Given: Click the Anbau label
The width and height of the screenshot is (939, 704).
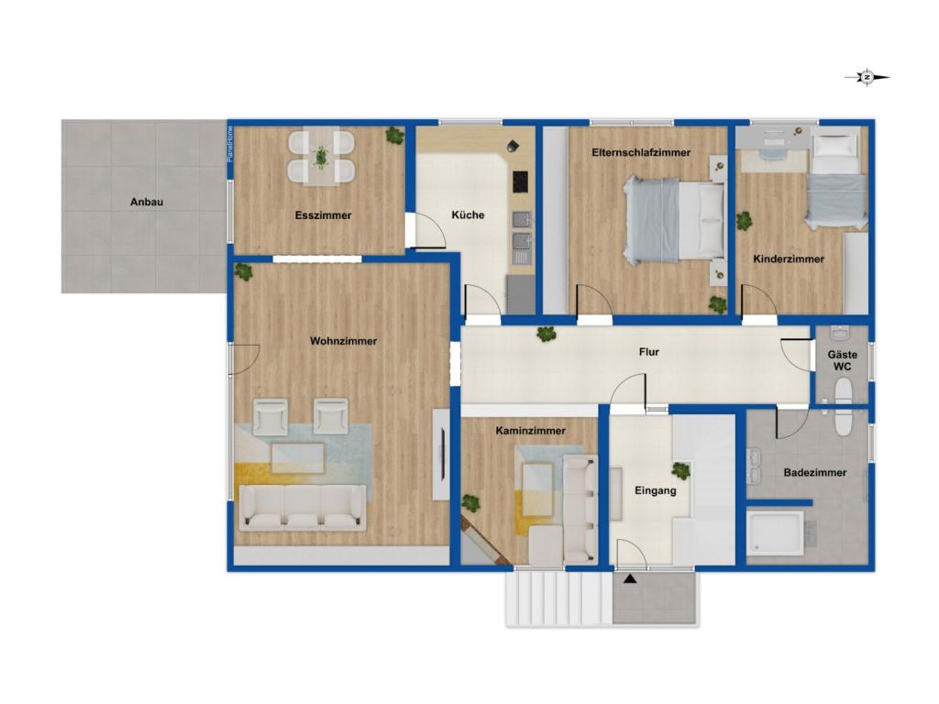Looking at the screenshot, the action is (147, 203).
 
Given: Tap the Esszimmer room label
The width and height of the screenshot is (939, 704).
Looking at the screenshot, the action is (323, 215).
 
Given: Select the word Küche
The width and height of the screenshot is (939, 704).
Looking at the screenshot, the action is (468, 214).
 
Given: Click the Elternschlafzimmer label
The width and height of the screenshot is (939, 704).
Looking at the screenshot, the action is (641, 153).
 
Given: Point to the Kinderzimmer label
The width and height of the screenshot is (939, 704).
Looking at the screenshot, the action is (789, 259).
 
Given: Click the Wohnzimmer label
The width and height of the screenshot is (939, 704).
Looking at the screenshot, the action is (343, 341).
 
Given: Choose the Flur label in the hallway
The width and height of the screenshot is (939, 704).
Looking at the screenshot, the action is (648, 352).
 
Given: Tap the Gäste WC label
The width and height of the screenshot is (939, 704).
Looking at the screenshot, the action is (842, 360).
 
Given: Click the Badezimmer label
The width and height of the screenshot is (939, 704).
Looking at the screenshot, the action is (815, 472).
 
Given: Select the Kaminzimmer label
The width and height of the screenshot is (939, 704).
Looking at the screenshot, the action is (531, 431).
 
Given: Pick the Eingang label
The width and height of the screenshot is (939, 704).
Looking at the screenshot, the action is (655, 491).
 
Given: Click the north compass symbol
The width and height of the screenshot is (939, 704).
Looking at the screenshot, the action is (867, 77).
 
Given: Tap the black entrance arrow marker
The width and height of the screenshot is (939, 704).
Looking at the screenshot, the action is (629, 579).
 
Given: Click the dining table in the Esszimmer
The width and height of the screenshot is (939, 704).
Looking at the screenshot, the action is (322, 157).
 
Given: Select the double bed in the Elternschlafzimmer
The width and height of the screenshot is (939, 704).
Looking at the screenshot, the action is (674, 219).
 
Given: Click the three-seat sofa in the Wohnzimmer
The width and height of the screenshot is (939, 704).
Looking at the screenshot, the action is (303, 508).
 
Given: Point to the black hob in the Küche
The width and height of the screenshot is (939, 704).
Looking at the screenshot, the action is (521, 182).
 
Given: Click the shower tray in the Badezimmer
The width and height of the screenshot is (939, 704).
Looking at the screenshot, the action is (775, 533).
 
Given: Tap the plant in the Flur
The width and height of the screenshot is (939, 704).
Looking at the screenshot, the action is (546, 334).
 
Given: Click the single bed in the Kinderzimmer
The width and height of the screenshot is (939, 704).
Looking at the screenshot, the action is (836, 181).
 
